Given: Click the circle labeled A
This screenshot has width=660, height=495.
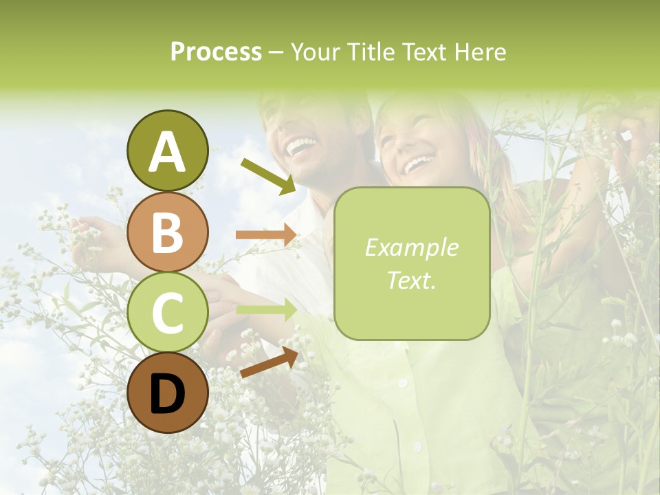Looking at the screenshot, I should click(x=168, y=151).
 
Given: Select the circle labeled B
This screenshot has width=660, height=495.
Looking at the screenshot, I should click(x=168, y=232).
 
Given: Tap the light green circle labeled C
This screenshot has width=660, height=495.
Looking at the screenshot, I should click(x=168, y=312).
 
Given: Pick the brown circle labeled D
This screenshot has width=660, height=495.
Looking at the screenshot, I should click(x=168, y=393).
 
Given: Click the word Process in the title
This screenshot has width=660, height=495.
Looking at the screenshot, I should click(x=216, y=52).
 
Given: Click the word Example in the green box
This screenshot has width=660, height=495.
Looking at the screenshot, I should click(x=411, y=247).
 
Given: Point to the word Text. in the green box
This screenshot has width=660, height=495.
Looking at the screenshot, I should click(x=411, y=280).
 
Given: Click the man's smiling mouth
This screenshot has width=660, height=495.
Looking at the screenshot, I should click(x=301, y=146).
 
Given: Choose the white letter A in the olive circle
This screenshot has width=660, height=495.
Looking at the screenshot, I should click(x=168, y=152).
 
